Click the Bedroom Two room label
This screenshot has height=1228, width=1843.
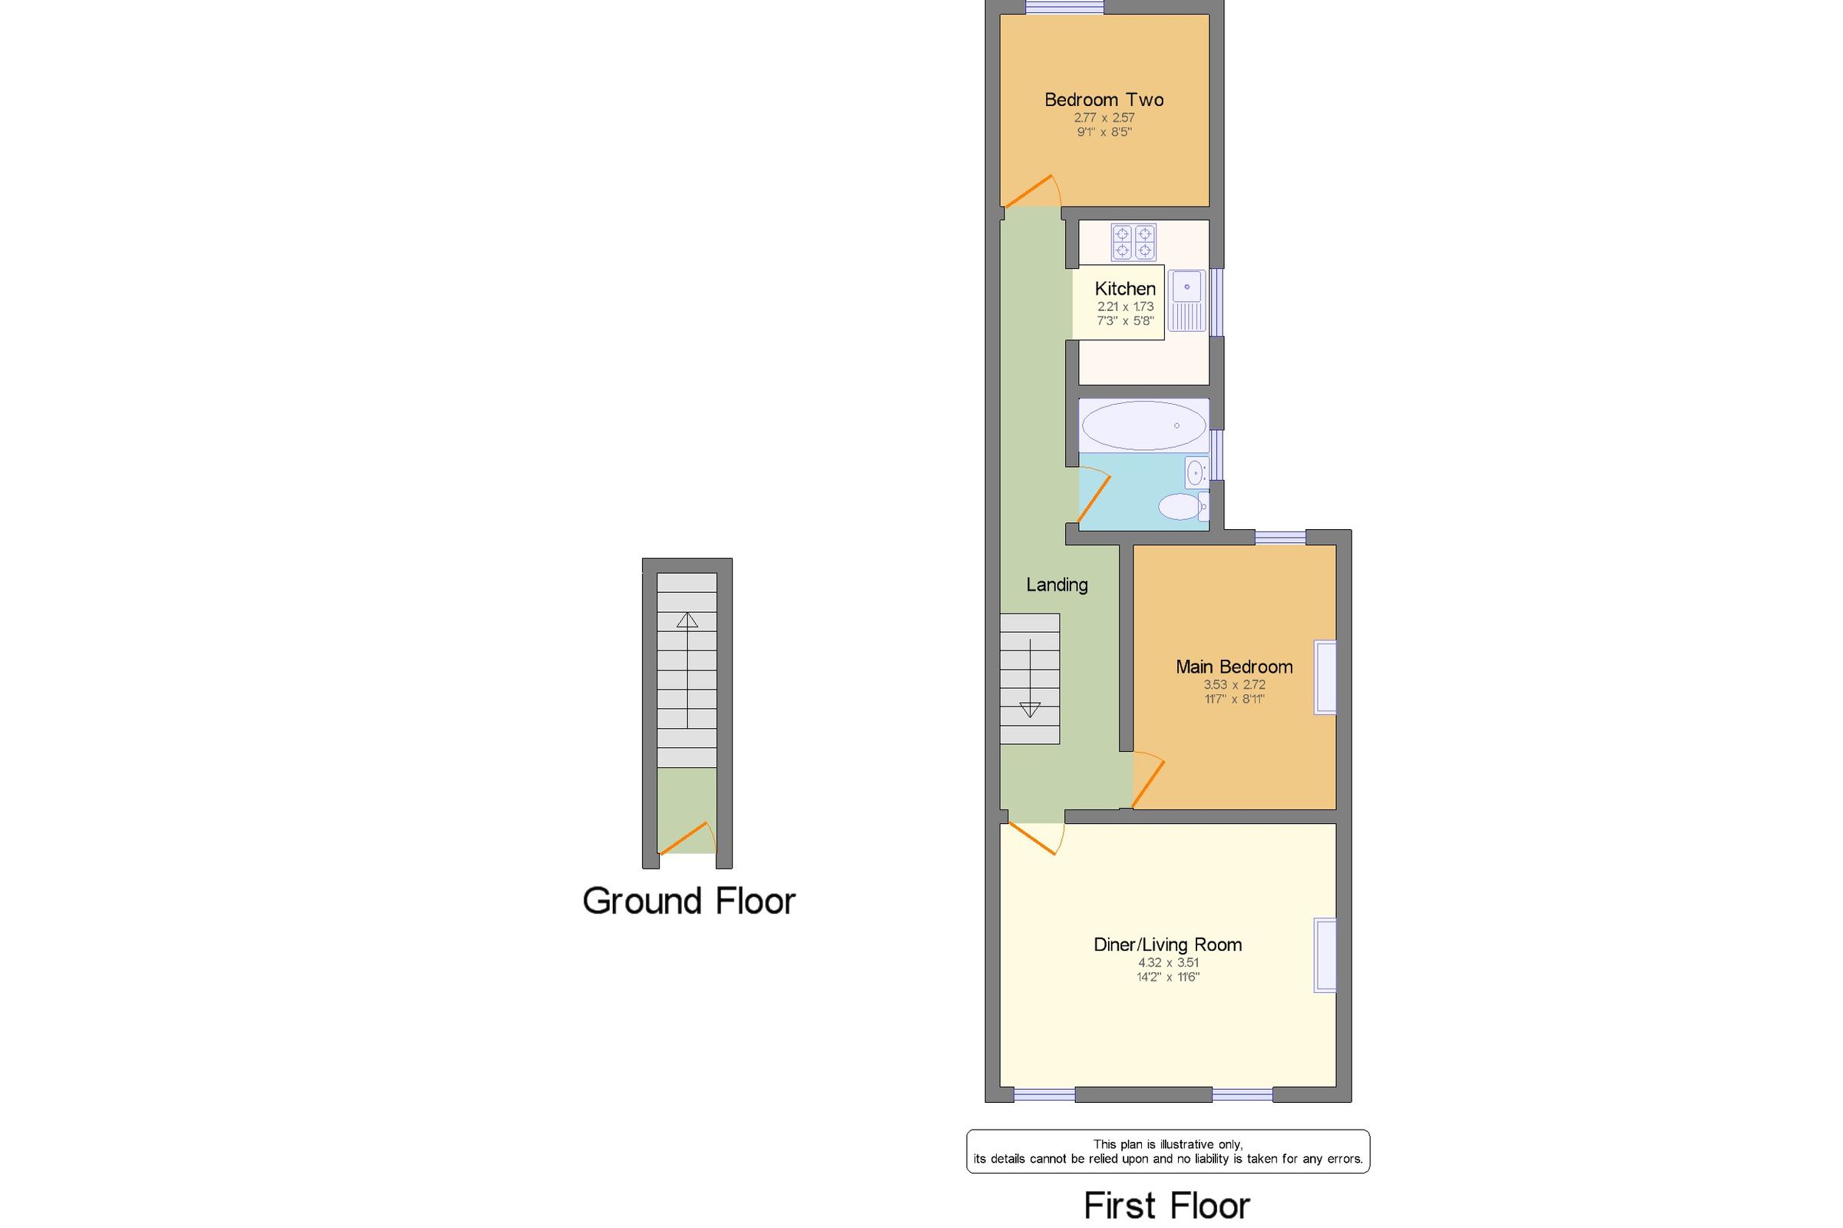pos(1103,100)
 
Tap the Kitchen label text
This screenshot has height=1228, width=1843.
pos(1124,288)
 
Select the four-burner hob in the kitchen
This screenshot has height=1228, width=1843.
pos(1133,242)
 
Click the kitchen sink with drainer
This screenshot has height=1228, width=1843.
pos(1186,301)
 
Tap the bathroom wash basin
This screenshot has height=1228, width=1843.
pos(1196,472)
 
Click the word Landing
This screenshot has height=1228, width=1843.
pos(1056,585)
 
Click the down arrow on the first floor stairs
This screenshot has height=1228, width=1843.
pos(1030,710)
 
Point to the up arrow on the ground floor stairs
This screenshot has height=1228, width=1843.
pos(687,621)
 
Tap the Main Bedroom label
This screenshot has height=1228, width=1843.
pos(1234,667)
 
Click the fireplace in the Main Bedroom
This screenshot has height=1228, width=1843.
pos(1325,677)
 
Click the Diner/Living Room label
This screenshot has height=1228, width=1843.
pos(1166,945)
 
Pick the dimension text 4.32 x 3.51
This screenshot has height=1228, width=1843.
pos(1167,962)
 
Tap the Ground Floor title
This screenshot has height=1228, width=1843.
pos(688,902)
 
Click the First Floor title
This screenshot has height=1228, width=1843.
pos(1166,1206)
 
